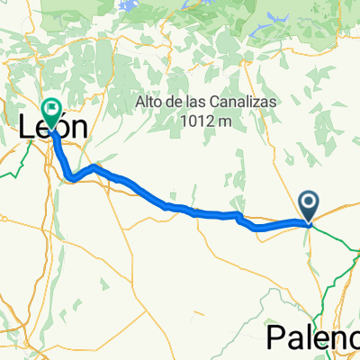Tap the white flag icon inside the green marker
click(x=52, y=110)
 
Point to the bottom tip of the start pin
click(x=309, y=223)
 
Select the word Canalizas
click(x=229, y=103)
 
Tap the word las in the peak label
click(x=191, y=103)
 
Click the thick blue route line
click(x=198, y=212)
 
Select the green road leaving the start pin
click(x=337, y=239)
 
